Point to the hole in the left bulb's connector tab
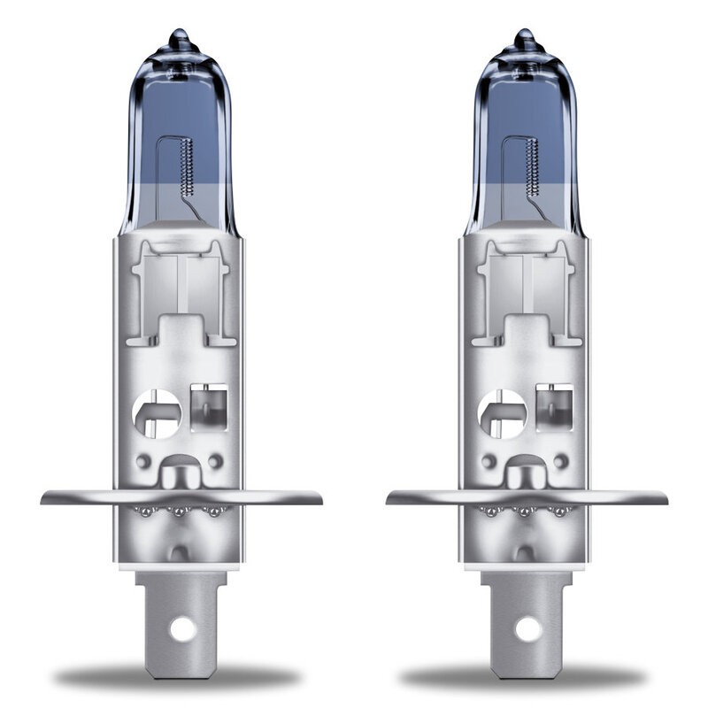tap(183, 629)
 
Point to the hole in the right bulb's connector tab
tap(528, 629)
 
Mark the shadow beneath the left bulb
tap(177, 676)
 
